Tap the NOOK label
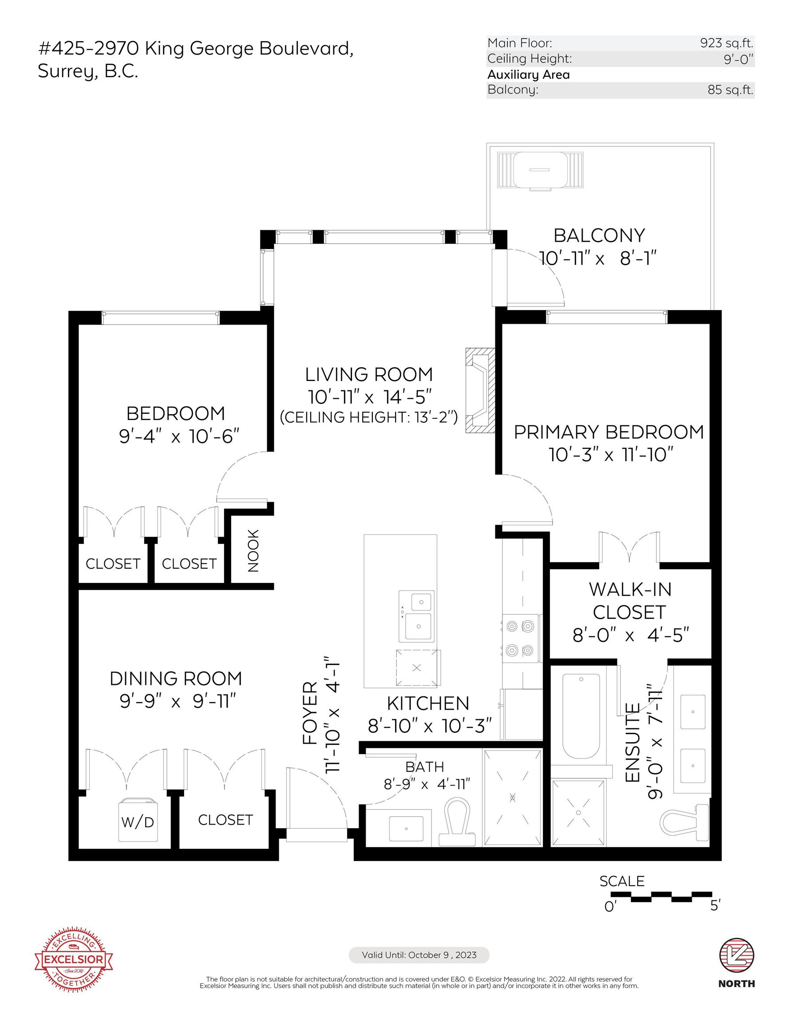coord(253,551)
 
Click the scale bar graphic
coord(665,896)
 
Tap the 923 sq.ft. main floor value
coord(727,43)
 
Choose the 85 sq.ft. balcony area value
coord(731,90)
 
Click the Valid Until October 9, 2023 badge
coord(419,955)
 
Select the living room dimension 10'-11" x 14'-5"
coord(369,397)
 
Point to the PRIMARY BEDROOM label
coord(609,432)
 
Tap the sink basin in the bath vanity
coord(406,829)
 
